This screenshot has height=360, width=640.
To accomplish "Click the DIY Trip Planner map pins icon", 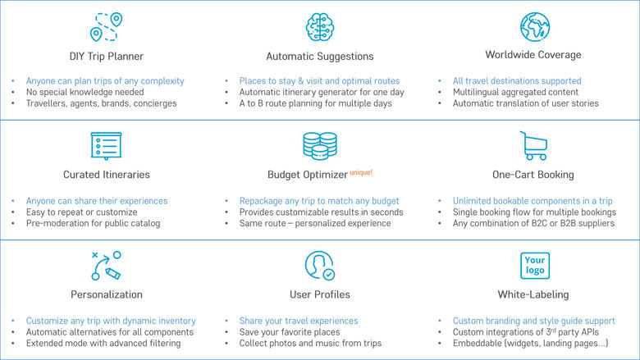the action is click(x=106, y=27).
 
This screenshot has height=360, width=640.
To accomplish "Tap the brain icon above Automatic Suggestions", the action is click(x=320, y=27).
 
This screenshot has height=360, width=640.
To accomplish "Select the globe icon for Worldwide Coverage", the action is click(x=535, y=27).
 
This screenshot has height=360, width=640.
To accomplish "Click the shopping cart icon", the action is click(x=533, y=145).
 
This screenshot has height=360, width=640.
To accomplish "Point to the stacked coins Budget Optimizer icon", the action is click(x=320, y=145).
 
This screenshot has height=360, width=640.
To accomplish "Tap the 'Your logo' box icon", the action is click(x=535, y=266).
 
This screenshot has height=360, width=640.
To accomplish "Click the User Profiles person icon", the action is click(x=320, y=266).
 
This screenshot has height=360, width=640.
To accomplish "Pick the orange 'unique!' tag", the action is click(x=361, y=172).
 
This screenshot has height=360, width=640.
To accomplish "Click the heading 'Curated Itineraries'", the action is click(x=107, y=175).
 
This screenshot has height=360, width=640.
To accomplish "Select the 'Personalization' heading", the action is click(x=107, y=294).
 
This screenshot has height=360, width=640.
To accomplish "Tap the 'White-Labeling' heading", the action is click(x=533, y=294).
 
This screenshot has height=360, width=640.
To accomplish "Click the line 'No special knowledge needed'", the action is click(x=85, y=92).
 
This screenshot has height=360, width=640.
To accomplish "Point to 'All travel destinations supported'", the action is click(x=517, y=80).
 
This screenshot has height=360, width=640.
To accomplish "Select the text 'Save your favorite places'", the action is click(x=290, y=332).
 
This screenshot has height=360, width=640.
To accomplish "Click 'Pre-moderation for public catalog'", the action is click(x=93, y=223).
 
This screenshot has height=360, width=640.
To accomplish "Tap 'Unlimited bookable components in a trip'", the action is click(x=533, y=201).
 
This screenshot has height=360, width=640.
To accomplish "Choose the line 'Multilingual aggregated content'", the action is click(x=515, y=92).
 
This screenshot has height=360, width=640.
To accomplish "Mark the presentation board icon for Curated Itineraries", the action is click(x=106, y=145).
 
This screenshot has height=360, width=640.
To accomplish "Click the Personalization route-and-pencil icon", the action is click(x=106, y=266).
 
